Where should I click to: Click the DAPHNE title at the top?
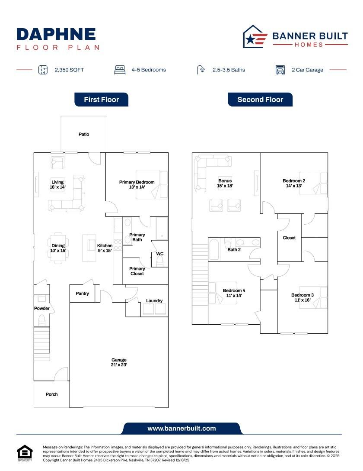tap(56, 34)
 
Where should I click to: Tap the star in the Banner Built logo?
tap(250, 40)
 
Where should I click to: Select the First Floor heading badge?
tap(101, 100)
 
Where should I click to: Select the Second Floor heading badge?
tap(260, 100)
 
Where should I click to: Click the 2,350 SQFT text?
tap(69, 70)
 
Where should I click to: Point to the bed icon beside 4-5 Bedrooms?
tap(120, 70)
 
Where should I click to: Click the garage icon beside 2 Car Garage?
tap(280, 70)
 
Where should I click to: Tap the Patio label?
tap(84, 134)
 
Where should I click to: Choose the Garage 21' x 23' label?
tap(119, 362)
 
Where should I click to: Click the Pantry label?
tap(82, 294)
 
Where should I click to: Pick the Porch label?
tap(51, 394)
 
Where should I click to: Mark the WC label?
tap(160, 254)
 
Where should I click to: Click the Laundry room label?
tap(154, 300)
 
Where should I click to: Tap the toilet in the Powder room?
tap(42, 320)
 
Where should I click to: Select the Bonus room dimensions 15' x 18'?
tap(225, 186)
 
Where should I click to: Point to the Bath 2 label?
tap(234, 250)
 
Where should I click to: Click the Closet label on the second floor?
tap(289, 238)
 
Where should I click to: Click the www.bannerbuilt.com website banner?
tap(181, 429)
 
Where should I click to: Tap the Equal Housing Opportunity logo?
tap(25, 453)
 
